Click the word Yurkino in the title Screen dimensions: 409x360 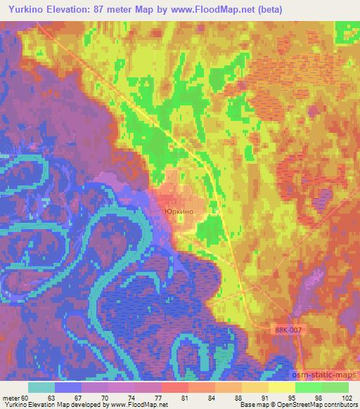[25, 9]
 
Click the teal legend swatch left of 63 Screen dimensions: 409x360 [41, 387]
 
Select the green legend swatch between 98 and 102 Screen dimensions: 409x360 [335, 387]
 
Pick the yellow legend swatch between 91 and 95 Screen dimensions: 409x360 [282, 387]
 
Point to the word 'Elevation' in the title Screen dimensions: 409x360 [75, 9]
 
